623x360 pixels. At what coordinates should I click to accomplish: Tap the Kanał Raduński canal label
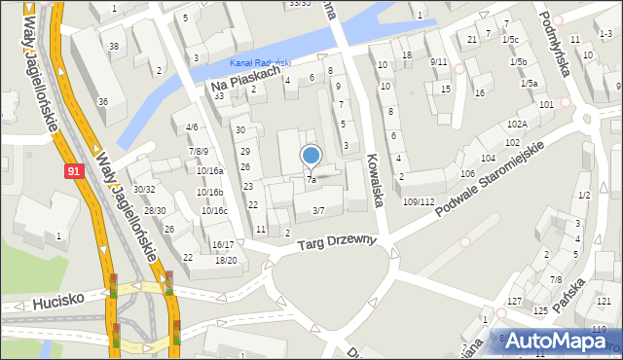click(261, 63)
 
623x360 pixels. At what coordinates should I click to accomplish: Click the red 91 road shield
click(74, 171)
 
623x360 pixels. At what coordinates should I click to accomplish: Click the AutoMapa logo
click(561, 341)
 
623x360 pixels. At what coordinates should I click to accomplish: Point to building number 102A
click(517, 124)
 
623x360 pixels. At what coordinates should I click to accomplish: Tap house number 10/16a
click(210, 170)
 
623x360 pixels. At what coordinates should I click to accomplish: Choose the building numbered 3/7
click(318, 210)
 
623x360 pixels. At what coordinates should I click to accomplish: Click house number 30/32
click(144, 189)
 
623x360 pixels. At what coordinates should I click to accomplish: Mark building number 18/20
click(226, 260)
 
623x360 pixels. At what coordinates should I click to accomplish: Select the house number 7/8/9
click(199, 151)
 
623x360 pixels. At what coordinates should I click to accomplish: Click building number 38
click(114, 47)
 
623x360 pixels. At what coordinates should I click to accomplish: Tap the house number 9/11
click(438, 61)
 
